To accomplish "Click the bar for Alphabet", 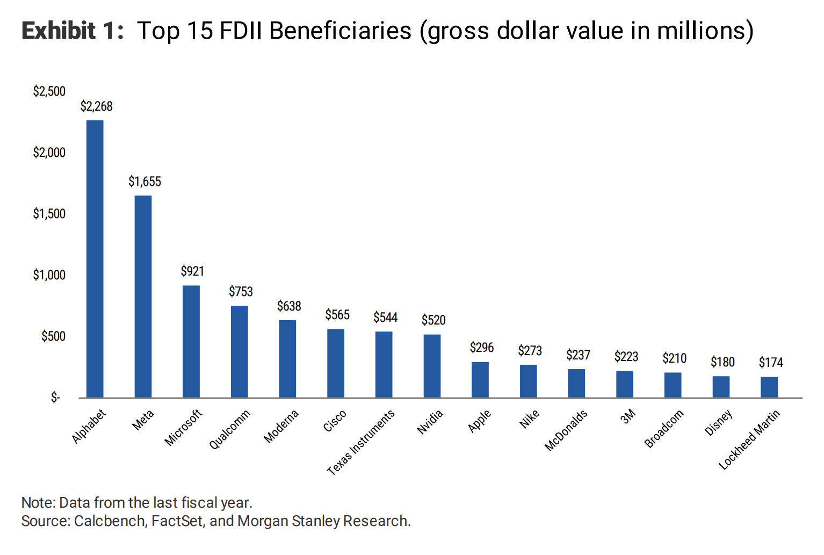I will click(x=95, y=259).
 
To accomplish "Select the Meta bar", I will click(x=143, y=297).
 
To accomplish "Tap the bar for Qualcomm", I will click(x=240, y=352).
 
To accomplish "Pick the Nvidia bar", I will click(x=432, y=366).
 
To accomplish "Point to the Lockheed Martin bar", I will click(x=769, y=387).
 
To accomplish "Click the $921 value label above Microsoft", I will click(x=192, y=271).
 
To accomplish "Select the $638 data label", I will click(x=289, y=306).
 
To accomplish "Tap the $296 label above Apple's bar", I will click(x=482, y=348).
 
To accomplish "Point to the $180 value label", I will click(x=722, y=362).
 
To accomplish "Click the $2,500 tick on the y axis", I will click(x=49, y=91).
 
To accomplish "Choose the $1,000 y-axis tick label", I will click(x=49, y=275).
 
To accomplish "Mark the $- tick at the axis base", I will click(x=55, y=398).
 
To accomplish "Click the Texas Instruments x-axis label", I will click(x=361, y=442).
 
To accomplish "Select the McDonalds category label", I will click(x=566, y=430).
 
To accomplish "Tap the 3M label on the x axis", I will click(x=628, y=416).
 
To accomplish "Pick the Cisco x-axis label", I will click(x=335, y=421).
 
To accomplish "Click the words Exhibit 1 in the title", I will click(x=73, y=31).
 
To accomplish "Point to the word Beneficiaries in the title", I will click(x=340, y=31).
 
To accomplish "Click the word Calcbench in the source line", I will click(x=110, y=521).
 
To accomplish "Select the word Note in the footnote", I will click(x=38, y=503).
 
